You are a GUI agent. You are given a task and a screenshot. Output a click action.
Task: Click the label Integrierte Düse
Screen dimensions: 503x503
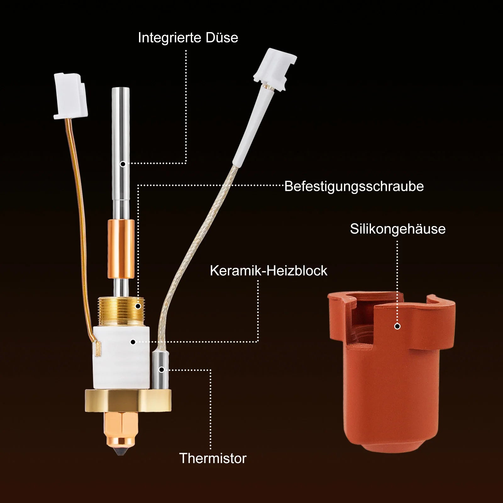(x=188, y=37)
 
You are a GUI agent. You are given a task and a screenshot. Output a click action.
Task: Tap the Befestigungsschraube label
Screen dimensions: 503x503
(x=354, y=186)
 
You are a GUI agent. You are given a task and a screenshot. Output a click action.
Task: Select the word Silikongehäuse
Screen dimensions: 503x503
(x=398, y=229)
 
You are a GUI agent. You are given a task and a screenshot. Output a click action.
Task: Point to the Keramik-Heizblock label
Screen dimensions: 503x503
(x=268, y=270)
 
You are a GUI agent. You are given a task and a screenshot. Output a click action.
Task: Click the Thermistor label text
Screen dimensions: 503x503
(x=213, y=458)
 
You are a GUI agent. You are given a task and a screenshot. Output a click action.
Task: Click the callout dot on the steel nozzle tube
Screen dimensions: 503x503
(x=123, y=164)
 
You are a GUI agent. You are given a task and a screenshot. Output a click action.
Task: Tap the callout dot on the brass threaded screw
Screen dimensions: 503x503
(x=138, y=306)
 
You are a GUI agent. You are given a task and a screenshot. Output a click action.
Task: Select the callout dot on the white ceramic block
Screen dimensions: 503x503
(x=133, y=342)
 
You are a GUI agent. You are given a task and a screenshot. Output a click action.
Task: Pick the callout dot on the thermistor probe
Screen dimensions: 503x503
(x=161, y=370)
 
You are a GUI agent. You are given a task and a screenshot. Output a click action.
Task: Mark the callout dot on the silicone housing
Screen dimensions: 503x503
(x=397, y=326)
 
